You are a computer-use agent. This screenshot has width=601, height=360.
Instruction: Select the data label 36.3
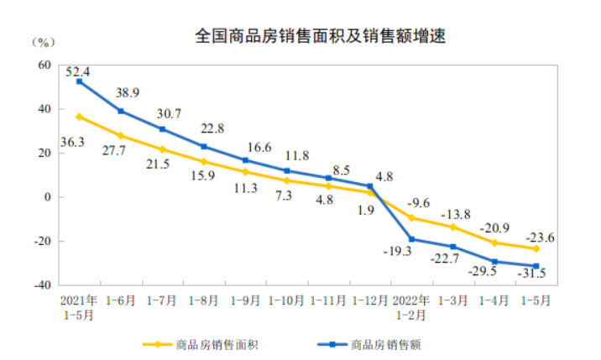(74, 143)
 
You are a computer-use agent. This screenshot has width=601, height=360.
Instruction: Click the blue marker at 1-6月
(121, 111)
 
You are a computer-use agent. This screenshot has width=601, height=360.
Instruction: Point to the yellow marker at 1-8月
(204, 161)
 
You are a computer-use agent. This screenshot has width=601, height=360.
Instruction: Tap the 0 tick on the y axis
(48, 197)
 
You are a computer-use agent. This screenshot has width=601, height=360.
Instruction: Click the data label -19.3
(391, 250)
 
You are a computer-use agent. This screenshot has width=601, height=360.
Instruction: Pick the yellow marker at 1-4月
(494, 243)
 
